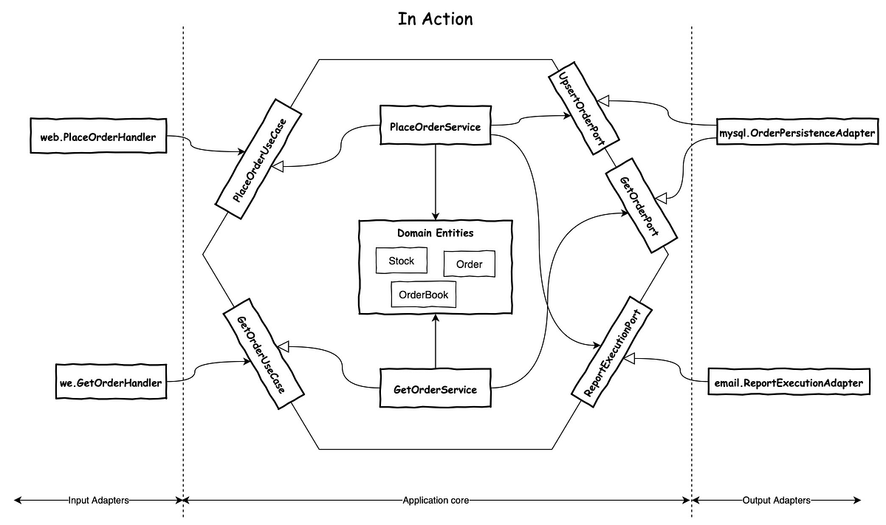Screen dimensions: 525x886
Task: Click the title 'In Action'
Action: pos(435,18)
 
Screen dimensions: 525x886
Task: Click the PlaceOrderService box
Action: pos(435,127)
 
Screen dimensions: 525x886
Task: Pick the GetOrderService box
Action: pos(435,389)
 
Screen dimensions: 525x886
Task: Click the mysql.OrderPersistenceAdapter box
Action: pos(797,134)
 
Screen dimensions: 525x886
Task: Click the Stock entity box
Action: pos(401,261)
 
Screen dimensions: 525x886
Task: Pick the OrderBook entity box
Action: pos(423,294)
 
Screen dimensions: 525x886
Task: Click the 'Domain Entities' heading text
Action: pos(435,233)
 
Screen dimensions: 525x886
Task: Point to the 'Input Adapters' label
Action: pos(98,500)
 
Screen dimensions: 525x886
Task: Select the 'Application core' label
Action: pos(436,500)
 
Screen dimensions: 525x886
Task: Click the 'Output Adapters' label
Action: pos(777,500)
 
